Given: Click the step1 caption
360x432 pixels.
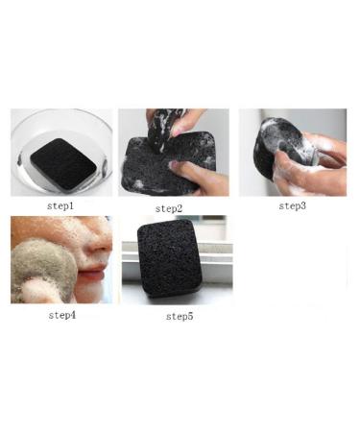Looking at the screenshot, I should (60, 205).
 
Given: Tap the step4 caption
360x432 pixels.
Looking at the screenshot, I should (60, 314).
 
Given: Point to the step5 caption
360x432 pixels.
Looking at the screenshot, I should (180, 316).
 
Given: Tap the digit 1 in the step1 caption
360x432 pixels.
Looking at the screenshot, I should (74, 205).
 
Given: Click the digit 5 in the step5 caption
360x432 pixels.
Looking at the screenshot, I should (193, 316).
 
